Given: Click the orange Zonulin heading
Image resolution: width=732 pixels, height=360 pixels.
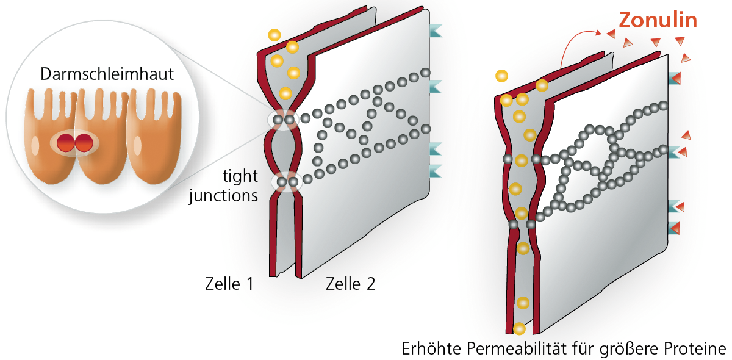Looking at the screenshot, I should [x=658, y=20].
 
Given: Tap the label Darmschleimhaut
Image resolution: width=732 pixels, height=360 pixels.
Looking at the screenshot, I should [x=107, y=74].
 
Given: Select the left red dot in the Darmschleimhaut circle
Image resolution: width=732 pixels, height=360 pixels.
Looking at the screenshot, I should [x=66, y=143].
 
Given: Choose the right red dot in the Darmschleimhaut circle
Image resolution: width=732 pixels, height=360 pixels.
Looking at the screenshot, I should [x=84, y=143].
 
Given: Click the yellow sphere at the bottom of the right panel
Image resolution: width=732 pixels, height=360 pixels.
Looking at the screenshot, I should [x=519, y=329].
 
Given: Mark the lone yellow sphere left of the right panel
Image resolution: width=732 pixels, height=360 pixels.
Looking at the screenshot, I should [x=501, y=76].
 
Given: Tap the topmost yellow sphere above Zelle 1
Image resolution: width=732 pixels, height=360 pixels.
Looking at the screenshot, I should [x=274, y=35].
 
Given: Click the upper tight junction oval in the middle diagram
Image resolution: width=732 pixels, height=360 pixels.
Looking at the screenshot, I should [x=284, y=120].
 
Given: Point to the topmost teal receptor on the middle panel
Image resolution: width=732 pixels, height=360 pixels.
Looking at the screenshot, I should [x=436, y=31].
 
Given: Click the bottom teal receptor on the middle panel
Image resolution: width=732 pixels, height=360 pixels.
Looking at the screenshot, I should [x=436, y=170].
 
